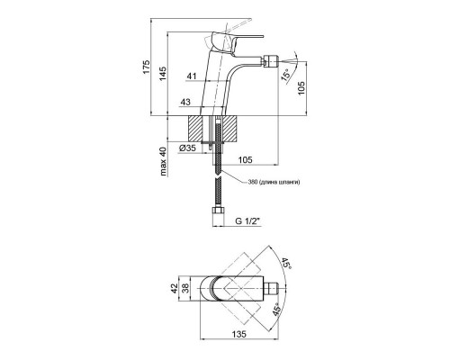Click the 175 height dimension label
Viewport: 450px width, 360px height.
tap(146, 67)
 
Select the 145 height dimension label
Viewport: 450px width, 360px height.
tap(163, 74)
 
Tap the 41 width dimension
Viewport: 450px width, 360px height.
tap(192, 76)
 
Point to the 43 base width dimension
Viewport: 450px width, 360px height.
tap(185, 102)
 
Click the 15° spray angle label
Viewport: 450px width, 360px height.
tap(286, 75)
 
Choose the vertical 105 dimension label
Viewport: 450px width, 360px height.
tap(301, 88)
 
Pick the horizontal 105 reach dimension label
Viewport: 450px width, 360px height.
tap(245, 160)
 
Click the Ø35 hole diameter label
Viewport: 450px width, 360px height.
tap(187, 148)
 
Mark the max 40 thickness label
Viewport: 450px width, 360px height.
tap(163, 162)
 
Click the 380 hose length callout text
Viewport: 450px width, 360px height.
tap(274, 182)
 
